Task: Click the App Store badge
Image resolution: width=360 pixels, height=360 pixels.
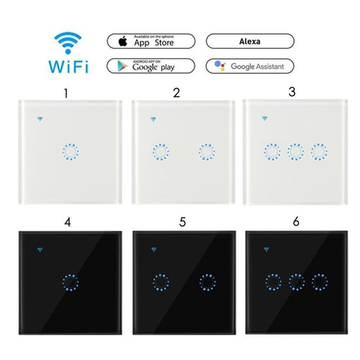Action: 150,42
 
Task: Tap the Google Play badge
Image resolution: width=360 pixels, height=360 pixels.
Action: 150,65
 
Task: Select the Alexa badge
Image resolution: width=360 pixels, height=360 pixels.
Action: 249,42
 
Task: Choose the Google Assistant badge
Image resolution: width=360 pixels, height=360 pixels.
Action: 249,66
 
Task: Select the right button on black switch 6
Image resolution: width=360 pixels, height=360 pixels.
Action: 318,283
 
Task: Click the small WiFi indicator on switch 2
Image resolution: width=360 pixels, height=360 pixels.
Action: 153,120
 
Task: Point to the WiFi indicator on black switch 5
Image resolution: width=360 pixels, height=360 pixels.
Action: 154,250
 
